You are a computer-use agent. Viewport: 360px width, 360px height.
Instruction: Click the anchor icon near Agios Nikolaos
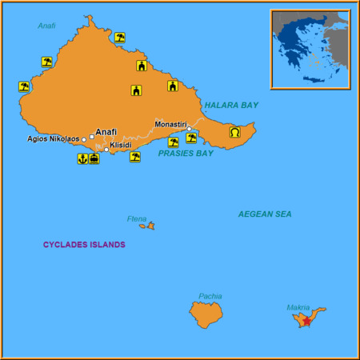coord(82,158)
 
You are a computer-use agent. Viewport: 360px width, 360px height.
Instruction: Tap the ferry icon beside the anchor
coord(94,158)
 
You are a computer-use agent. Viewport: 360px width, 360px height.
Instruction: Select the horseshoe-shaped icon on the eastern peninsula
coord(235,132)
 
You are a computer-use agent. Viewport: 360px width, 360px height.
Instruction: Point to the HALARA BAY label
coord(231,105)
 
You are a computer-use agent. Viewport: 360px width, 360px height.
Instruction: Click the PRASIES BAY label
coord(186,153)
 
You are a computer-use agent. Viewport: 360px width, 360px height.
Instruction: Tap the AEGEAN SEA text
coord(265,214)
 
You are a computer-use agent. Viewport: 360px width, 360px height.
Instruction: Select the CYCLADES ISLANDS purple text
coord(84,244)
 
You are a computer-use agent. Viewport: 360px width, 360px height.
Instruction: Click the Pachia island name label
coord(210,296)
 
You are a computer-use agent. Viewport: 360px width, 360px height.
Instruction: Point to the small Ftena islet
coord(147,226)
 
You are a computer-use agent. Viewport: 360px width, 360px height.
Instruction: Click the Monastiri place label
coord(170,124)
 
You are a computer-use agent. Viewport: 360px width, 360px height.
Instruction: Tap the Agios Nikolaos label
coord(53,138)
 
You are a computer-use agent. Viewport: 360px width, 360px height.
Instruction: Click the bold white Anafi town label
coord(106,132)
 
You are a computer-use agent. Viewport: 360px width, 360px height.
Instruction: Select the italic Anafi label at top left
coord(46,26)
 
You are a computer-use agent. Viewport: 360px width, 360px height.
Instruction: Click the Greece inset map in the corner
coord(310,50)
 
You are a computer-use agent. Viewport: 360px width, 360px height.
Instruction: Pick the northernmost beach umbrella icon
coord(120,37)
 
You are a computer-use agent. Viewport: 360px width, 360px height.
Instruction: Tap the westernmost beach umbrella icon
coord(23,86)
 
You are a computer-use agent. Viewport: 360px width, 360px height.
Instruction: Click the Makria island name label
coord(298,307)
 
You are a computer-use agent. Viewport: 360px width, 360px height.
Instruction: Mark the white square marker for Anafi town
coord(93,137)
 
